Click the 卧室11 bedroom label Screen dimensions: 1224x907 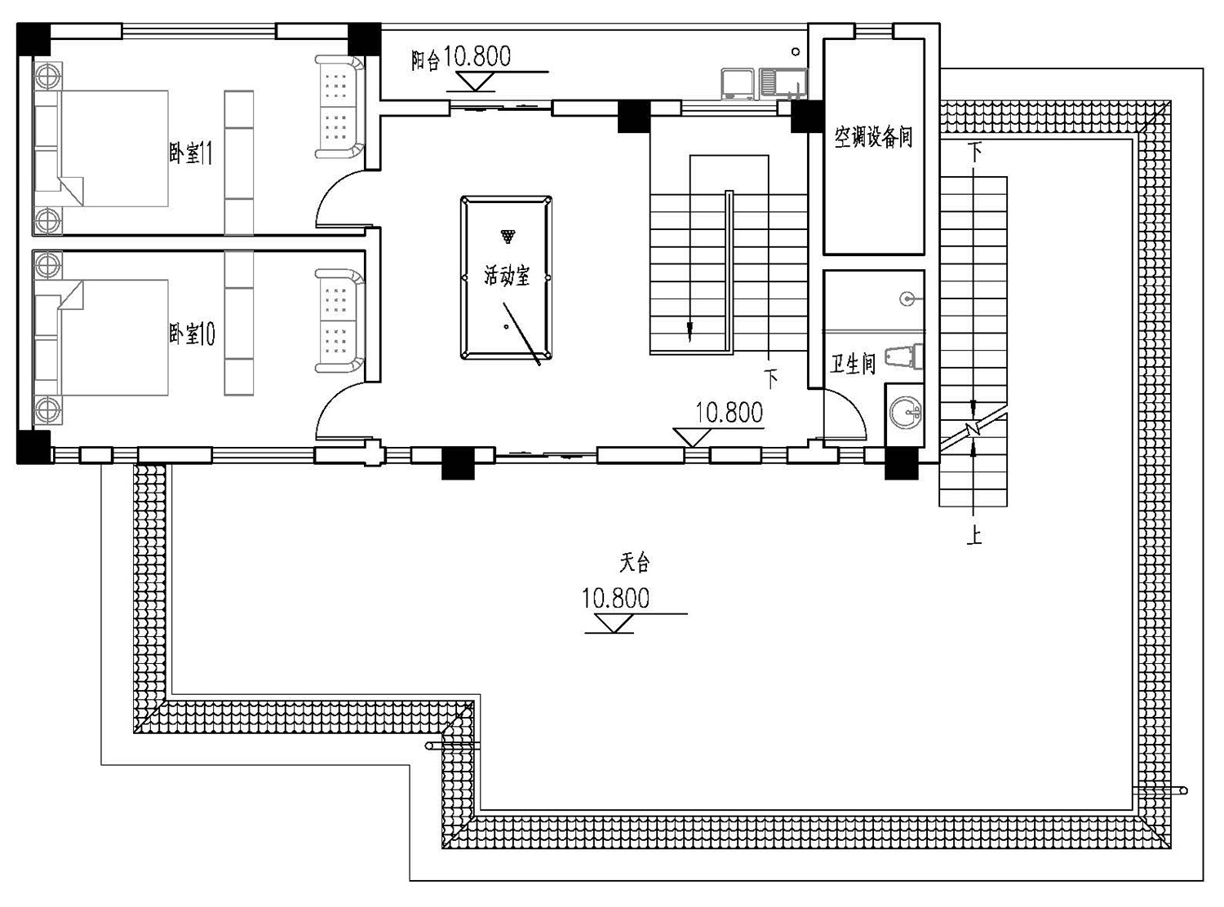click(191, 153)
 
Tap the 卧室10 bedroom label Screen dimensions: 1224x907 click(192, 334)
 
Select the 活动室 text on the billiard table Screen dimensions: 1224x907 click(507, 276)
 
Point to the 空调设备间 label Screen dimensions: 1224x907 click(873, 136)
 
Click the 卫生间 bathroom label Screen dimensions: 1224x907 click(854, 364)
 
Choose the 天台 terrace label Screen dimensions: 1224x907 click(635, 562)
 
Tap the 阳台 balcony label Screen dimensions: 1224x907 click(425, 60)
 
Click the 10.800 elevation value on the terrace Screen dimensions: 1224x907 click(615, 598)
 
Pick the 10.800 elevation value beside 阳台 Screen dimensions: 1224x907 click(477, 56)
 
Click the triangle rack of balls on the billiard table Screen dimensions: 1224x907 click(508, 237)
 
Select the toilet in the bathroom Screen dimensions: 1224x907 click(904, 356)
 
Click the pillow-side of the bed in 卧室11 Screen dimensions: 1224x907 click(47, 149)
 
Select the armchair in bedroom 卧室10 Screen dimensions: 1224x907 click(339, 321)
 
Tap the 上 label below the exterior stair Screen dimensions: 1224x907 click(974, 534)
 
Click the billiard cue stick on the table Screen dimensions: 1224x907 click(521, 334)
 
